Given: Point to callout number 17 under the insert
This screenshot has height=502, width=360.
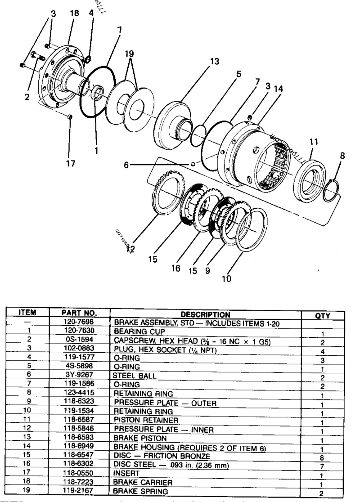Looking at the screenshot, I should (x=70, y=164).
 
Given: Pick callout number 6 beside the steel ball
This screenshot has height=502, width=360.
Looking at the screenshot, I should (x=128, y=165).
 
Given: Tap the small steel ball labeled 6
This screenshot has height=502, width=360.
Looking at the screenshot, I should (x=193, y=164).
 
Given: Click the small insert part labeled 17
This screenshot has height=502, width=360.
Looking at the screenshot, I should (x=69, y=117).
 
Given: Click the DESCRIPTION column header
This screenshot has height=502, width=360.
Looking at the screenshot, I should (x=205, y=314).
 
